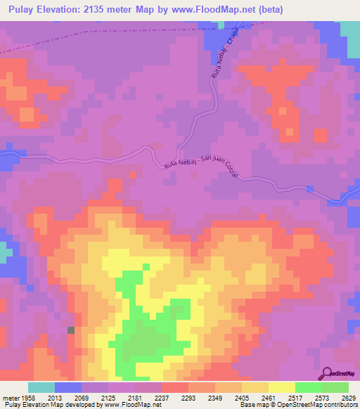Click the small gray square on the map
(x=70, y=330)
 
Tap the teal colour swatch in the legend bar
(x=41, y=387)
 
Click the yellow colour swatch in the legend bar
(x=282, y=387)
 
